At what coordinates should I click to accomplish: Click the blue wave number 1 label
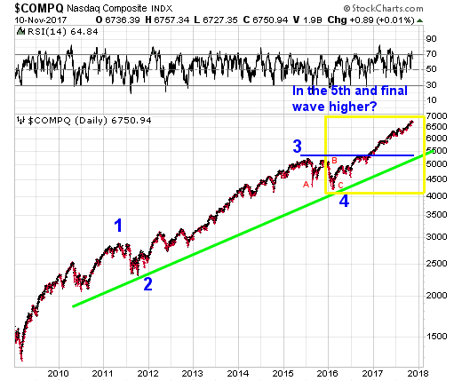pos(118,226)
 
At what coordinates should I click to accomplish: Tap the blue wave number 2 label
pos(147,283)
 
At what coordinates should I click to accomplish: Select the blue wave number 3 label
pos(298,147)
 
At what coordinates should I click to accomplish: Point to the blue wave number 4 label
pos(344,201)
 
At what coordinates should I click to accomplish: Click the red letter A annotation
pos(306,185)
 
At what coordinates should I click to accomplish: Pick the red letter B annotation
pos(334,161)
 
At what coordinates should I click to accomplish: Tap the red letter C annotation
pos(340,186)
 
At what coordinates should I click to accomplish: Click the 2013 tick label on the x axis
pos(193,373)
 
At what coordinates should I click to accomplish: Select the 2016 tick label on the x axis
pos(328,373)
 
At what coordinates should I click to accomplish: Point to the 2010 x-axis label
pos(58,373)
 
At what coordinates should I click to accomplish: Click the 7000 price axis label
pos(436,115)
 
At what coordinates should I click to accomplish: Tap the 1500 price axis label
pos(436,337)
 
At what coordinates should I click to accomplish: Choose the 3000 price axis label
pos(436,237)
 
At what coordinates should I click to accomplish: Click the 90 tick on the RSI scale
pos(431,39)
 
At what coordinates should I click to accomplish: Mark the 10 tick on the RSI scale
pos(431,100)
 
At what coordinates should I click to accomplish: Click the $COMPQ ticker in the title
pos(39,8)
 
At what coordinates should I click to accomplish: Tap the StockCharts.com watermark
pos(384,8)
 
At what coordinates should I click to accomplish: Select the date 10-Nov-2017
pos(41,20)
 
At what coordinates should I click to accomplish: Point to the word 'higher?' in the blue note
pos(353,107)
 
